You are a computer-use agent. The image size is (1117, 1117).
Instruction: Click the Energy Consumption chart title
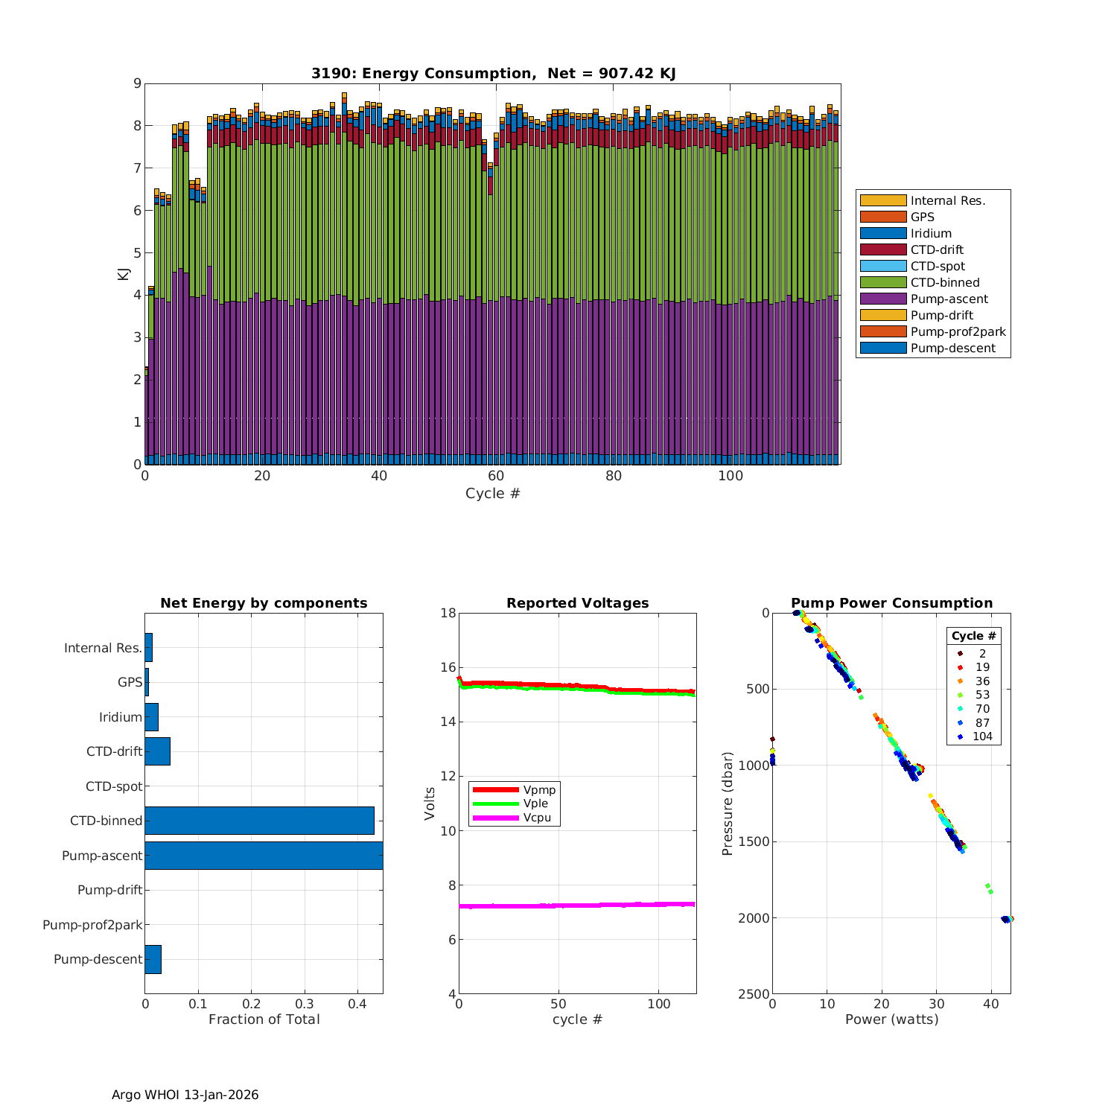493,73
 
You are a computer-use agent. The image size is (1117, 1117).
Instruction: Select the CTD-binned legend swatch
883,282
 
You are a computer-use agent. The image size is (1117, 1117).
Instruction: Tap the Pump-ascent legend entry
949,299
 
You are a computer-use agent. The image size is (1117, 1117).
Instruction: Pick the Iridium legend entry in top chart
931,233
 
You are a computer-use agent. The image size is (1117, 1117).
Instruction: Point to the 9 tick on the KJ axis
137,83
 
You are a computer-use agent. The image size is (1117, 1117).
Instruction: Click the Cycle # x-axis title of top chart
492,494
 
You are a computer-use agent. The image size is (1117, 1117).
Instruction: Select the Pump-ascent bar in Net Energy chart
264,856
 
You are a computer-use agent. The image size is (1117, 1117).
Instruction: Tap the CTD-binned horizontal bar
259,821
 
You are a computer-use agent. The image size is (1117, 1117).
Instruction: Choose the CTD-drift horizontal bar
157,751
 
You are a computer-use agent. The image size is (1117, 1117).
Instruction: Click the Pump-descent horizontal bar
153,959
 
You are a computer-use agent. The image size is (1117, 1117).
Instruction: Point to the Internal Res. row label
103,648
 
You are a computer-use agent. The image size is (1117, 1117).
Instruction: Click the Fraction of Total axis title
264,1019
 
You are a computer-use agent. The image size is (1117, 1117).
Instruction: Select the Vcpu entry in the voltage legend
536,818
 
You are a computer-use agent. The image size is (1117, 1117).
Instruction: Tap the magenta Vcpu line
577,906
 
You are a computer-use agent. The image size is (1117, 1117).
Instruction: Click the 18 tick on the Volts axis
448,613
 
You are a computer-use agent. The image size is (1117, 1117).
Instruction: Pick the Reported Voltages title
577,603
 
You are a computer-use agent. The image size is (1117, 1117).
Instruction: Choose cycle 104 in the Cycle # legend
982,736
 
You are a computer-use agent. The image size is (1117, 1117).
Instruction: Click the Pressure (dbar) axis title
728,803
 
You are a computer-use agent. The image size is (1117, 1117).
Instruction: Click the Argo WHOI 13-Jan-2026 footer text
185,1095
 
